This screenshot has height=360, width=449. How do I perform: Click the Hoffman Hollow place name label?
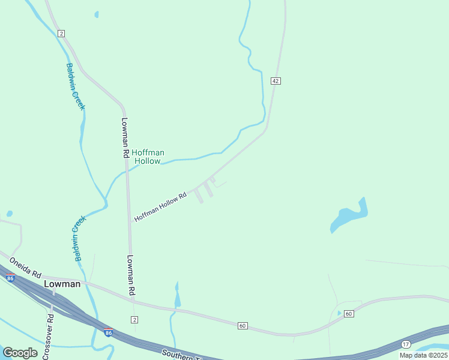click(x=148, y=157)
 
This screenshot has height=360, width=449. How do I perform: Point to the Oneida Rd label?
click(x=25, y=267)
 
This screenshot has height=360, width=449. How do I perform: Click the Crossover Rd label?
click(x=49, y=336)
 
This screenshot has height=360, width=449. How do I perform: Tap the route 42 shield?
click(x=276, y=81)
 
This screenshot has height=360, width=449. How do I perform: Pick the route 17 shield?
click(x=406, y=344)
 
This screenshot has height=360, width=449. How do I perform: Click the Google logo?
click(x=20, y=353)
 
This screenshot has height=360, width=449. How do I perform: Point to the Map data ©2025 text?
click(x=423, y=355)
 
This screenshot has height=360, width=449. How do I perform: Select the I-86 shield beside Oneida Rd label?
click(x=11, y=278)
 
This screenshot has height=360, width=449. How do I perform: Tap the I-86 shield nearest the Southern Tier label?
click(x=108, y=332)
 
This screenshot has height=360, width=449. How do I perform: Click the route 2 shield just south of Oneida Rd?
click(x=134, y=319)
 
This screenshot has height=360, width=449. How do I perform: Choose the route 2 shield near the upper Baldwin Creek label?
click(x=61, y=33)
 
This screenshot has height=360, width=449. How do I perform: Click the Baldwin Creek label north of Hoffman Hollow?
click(x=76, y=86)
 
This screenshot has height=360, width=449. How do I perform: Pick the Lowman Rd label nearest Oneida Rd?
click(x=130, y=275)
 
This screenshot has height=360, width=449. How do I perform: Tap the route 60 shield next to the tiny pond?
click(x=349, y=314)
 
